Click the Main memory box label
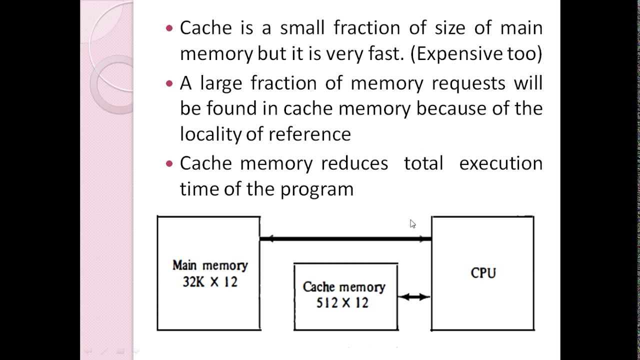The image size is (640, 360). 210,265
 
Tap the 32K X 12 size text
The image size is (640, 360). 210,282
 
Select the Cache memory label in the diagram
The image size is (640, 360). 344,287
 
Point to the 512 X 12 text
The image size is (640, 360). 342,303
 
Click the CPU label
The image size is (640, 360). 483,273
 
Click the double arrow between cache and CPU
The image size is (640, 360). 414,297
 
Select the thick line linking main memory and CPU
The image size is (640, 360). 345,239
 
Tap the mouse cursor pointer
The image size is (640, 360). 412,223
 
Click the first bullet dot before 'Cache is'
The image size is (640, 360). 169,28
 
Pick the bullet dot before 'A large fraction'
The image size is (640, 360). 169,83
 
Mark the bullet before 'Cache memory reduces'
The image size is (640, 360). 169,163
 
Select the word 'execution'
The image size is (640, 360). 500,163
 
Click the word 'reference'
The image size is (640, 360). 309,134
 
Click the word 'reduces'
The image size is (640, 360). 354,163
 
